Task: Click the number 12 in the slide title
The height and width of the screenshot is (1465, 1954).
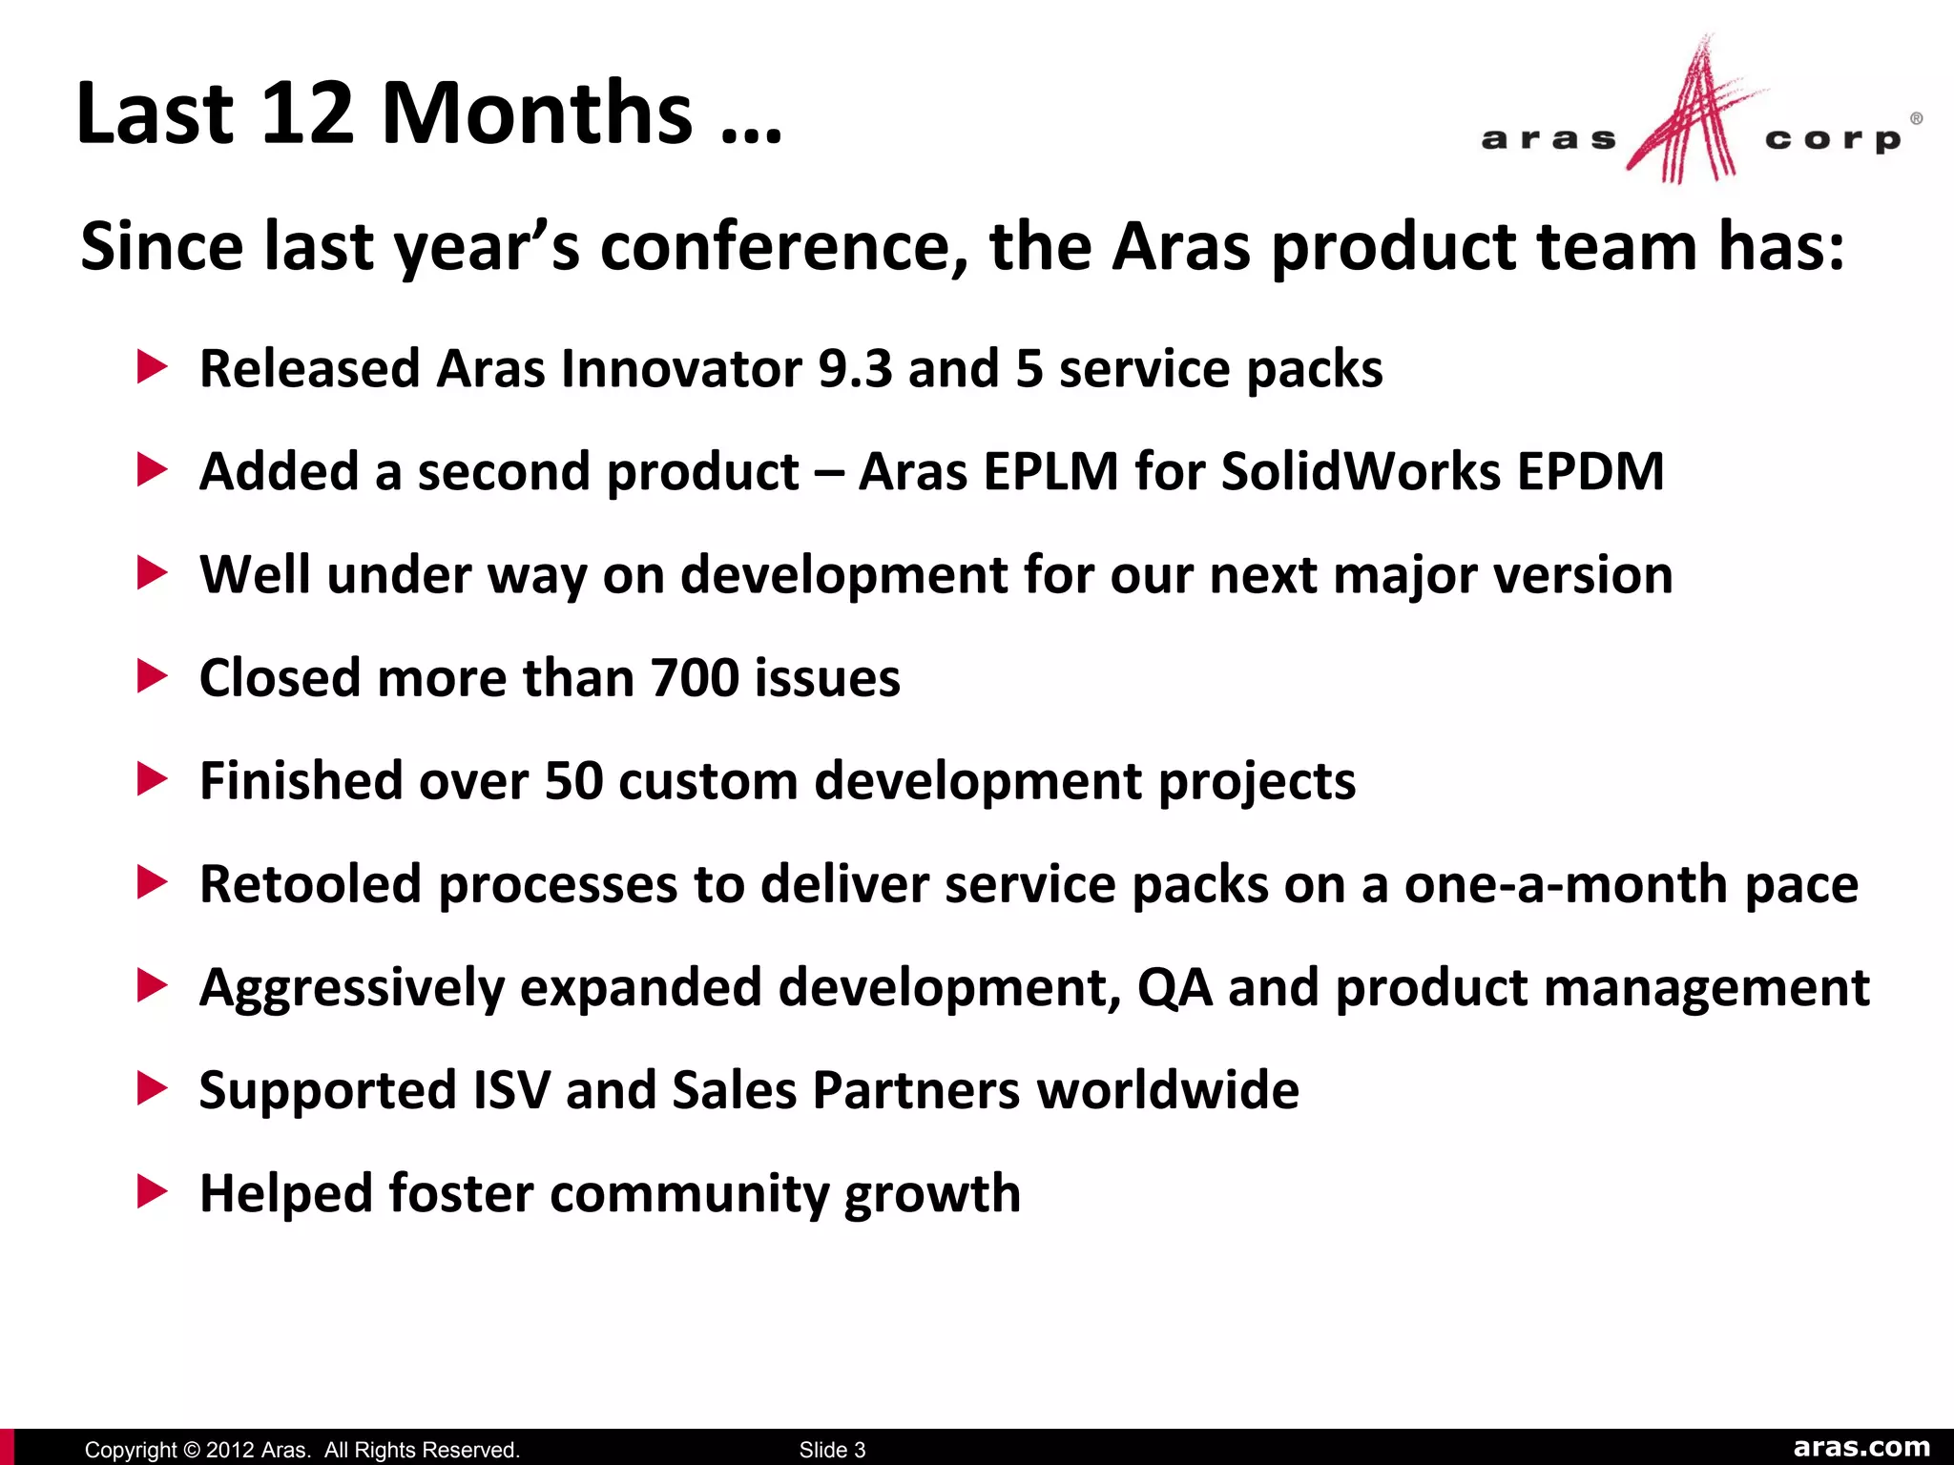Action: click(306, 113)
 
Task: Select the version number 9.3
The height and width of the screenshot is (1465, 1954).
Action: click(854, 369)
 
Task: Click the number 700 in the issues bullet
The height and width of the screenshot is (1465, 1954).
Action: click(695, 678)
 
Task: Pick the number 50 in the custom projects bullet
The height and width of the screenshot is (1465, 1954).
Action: click(573, 781)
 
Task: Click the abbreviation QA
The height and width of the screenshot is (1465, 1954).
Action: click(1174, 987)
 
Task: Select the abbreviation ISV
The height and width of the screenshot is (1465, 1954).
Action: click(511, 1090)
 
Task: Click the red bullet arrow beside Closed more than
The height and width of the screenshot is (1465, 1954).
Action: click(153, 676)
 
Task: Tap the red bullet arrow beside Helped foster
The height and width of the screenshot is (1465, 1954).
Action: click(153, 1191)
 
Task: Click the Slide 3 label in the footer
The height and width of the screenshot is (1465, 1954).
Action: click(832, 1450)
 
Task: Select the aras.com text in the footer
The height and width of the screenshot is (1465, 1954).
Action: click(1861, 1447)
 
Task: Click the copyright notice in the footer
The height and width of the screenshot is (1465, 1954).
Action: click(301, 1450)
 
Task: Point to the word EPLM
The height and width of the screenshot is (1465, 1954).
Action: click(1050, 472)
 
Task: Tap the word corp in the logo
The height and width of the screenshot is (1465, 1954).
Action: click(1833, 140)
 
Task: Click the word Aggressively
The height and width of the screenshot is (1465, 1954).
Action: click(351, 987)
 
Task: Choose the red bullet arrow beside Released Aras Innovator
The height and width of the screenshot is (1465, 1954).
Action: click(153, 367)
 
